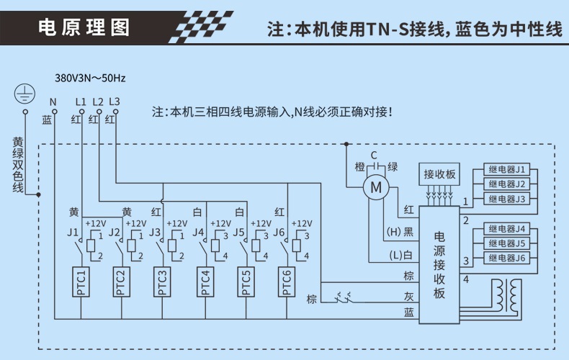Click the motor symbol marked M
[x=375, y=188]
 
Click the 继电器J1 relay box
[x=508, y=170]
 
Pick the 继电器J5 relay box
[x=508, y=243]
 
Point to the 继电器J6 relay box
[x=508, y=258]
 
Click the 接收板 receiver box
[x=439, y=175]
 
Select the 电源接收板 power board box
[x=439, y=264]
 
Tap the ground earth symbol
[x=24, y=93]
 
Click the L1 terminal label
[x=80, y=102]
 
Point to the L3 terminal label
[x=114, y=102]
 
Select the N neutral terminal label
[x=53, y=102]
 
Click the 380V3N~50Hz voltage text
[x=90, y=77]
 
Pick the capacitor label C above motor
[x=374, y=155]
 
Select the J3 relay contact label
[x=154, y=233]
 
